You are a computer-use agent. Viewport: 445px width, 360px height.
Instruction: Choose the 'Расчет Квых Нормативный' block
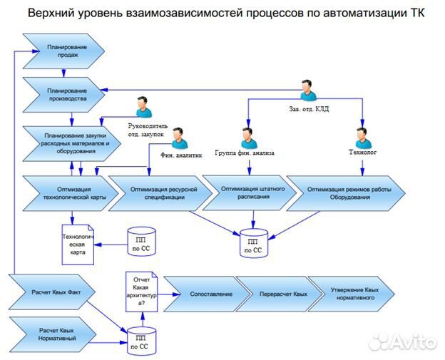coord(57,334)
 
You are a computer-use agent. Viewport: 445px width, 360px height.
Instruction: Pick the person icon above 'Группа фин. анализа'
coord(248,136)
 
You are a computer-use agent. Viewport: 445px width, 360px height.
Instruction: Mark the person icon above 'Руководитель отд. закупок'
coord(143,107)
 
